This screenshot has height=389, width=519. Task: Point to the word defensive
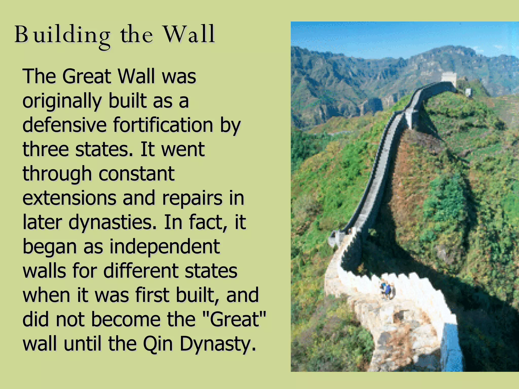coord(64,125)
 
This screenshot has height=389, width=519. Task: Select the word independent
coord(164,247)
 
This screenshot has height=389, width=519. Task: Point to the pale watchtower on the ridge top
coord(449,77)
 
